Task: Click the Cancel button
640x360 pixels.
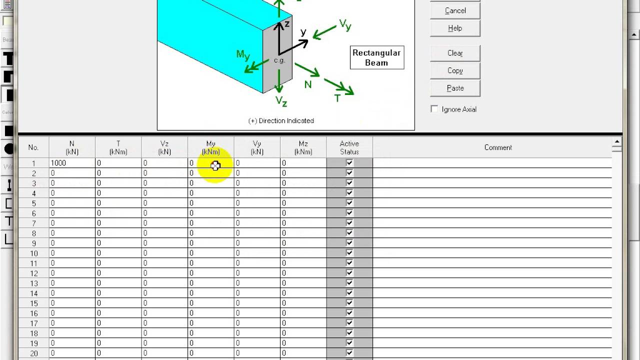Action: (x=455, y=10)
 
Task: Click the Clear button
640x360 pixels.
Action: (x=455, y=53)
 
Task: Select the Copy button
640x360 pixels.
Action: (x=455, y=70)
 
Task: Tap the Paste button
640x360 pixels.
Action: (x=455, y=88)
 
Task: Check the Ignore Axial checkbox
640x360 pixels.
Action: (x=434, y=109)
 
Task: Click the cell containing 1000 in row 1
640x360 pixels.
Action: (x=71, y=163)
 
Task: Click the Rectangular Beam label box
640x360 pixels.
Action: (x=376, y=57)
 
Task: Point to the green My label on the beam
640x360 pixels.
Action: (x=243, y=54)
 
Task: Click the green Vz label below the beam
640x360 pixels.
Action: (x=281, y=101)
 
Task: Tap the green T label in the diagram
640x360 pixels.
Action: (x=337, y=98)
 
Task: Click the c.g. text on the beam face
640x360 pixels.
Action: (x=279, y=60)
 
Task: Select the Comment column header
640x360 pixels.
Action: (x=497, y=147)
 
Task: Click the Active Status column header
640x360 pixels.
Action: (x=349, y=147)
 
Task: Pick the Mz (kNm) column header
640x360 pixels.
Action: (x=303, y=147)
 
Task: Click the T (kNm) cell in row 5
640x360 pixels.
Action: (x=118, y=203)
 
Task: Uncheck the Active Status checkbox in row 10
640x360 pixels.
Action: (x=349, y=253)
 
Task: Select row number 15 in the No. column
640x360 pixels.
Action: (x=33, y=303)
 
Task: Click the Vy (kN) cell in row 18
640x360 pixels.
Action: (x=256, y=333)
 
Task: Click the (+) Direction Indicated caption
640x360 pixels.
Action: (x=281, y=120)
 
